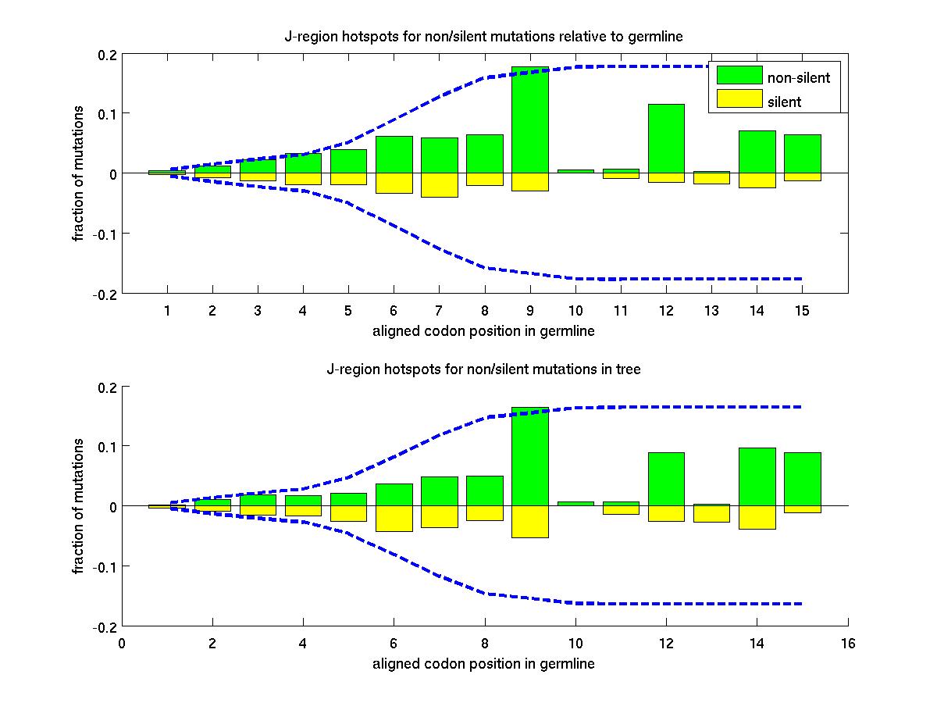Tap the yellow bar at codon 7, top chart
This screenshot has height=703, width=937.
click(x=439, y=185)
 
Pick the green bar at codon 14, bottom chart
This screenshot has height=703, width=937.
click(x=757, y=476)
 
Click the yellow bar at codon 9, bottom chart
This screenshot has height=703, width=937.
click(x=530, y=522)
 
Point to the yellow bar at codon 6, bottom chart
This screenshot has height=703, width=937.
click(x=394, y=519)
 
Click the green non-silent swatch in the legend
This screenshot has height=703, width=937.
click(x=739, y=76)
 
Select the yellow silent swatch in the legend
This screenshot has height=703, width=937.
click(x=739, y=99)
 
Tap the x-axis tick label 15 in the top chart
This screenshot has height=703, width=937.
click(x=802, y=311)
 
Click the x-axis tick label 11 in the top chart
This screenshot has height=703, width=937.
click(x=621, y=311)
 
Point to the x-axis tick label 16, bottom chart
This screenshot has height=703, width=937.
click(x=848, y=644)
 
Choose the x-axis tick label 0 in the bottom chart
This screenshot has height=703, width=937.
click(x=121, y=644)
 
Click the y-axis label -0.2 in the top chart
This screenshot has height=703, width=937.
click(x=105, y=294)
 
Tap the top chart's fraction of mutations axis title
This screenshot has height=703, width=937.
click(x=79, y=173)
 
